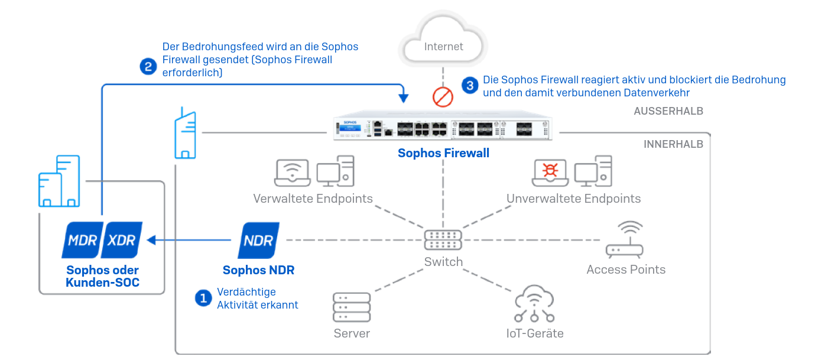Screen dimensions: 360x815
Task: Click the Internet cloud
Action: [444, 41]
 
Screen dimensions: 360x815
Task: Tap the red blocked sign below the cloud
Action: [442, 96]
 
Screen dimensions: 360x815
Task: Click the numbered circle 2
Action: [148, 66]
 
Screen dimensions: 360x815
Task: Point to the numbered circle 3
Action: [470, 86]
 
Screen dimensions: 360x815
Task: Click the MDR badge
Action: [82, 241]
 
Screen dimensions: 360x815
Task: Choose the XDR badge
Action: [122, 241]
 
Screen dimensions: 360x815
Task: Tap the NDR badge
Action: [259, 241]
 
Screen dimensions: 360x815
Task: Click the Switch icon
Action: [443, 239]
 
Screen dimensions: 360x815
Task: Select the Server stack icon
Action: [352, 307]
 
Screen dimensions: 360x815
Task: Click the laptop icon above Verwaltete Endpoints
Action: [293, 173]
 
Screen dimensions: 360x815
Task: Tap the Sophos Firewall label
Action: [443, 154]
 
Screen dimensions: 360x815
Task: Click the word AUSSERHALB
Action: [668, 111]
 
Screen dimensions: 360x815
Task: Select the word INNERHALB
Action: [673, 144]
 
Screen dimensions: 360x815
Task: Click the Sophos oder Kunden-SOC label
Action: [103, 276]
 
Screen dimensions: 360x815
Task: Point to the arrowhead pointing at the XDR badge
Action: [151, 240]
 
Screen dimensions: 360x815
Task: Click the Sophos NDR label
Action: [258, 270]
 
